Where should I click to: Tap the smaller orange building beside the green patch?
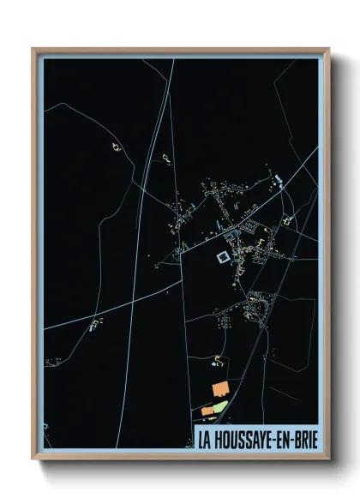(x=207, y=411)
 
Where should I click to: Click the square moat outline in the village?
(x=222, y=257)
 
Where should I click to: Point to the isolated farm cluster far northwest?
(x=114, y=147)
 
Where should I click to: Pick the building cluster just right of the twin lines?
(x=166, y=158)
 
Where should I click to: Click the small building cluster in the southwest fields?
(x=94, y=324)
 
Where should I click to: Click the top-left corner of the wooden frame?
(x=33, y=49)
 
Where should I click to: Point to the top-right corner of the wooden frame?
(x=328, y=49)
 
